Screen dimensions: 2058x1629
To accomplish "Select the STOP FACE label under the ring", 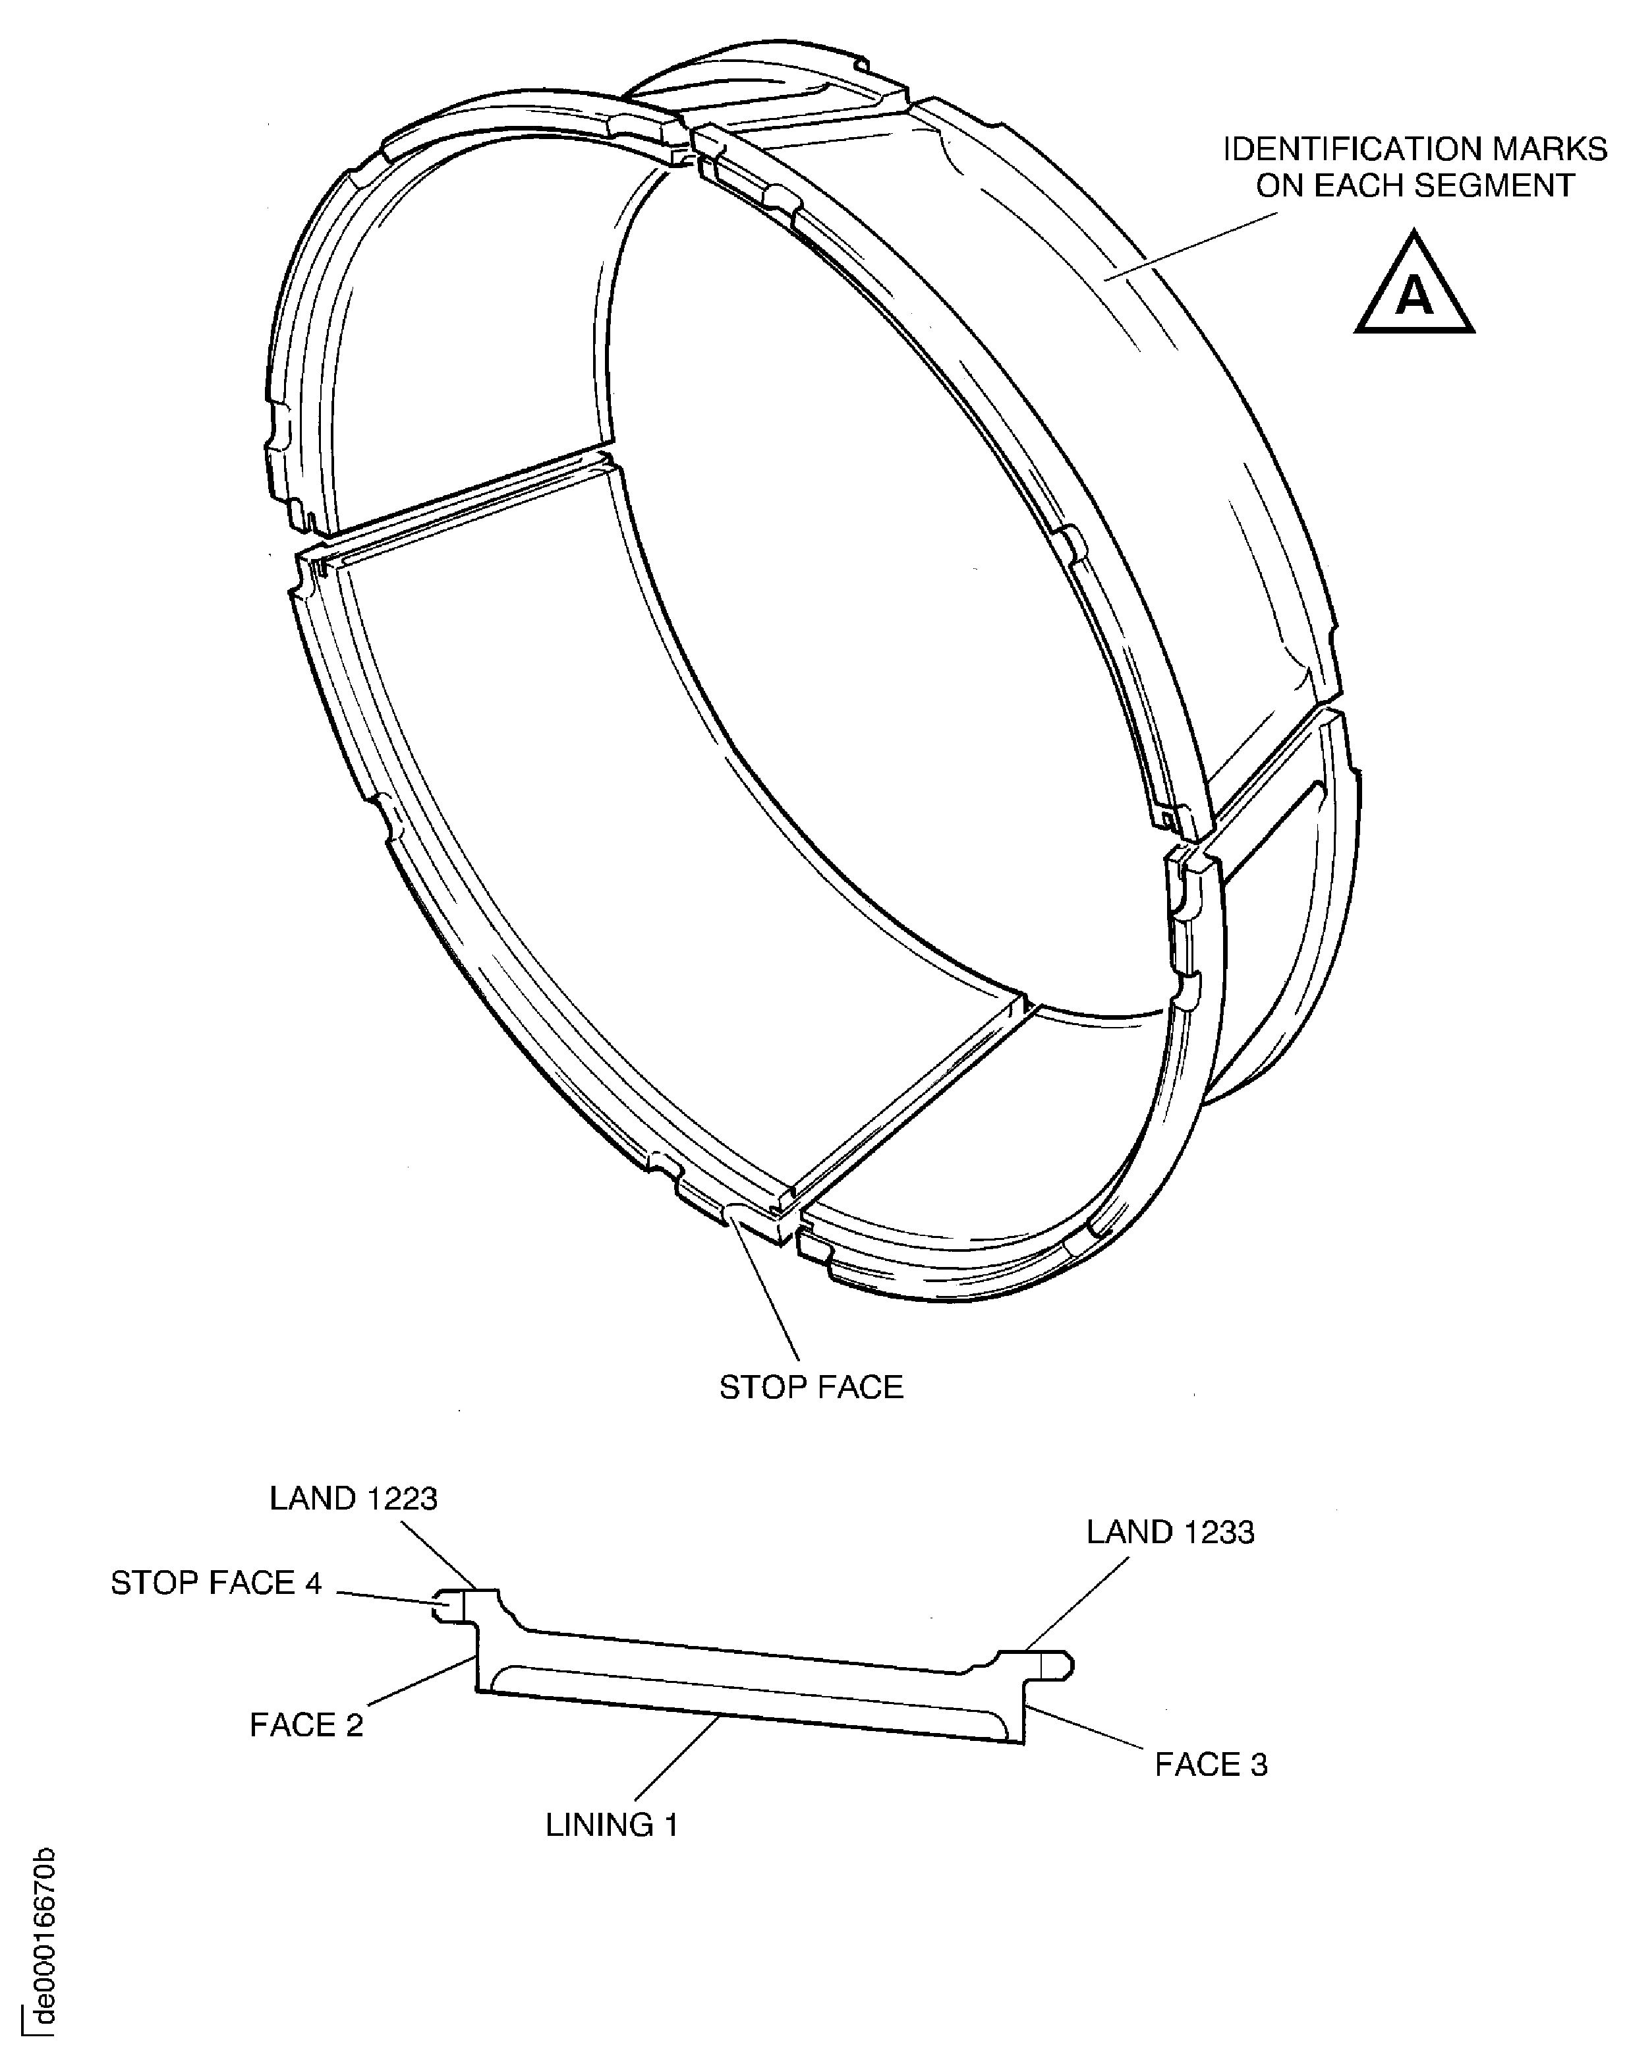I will tap(811, 1387).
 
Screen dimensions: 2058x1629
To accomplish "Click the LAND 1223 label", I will tap(353, 1499).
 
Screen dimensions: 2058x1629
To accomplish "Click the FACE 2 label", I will tap(306, 1725).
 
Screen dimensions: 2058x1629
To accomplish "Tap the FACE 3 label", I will tap(1211, 1765).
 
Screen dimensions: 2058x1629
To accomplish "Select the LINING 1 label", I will tap(612, 1825).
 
